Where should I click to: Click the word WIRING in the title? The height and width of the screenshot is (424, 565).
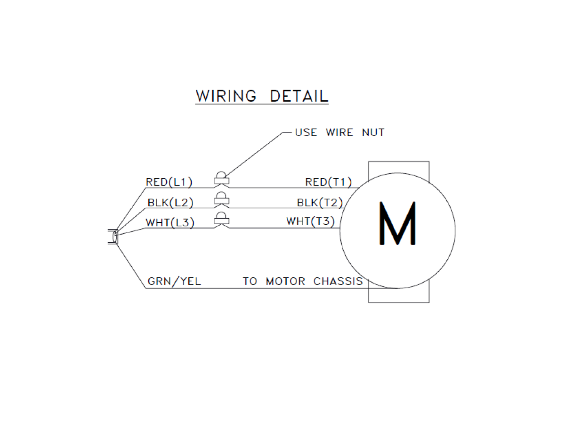(226, 96)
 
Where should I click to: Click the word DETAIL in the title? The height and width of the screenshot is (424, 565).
(299, 96)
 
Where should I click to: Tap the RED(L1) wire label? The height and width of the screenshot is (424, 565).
(169, 182)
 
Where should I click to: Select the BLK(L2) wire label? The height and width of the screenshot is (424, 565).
(170, 203)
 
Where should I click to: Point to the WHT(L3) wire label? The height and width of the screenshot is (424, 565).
(170, 222)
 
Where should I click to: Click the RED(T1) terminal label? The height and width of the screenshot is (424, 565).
(328, 182)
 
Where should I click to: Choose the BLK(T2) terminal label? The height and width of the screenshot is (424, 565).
(320, 203)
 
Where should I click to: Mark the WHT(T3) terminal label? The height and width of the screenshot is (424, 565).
(311, 221)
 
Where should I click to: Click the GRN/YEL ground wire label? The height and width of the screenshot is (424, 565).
(174, 281)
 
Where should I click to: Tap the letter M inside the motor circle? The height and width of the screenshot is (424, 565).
(397, 223)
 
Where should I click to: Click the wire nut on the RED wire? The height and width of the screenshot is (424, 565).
(221, 178)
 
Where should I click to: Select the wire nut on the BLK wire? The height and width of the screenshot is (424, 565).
(221, 198)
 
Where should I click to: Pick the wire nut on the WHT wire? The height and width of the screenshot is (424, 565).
(221, 219)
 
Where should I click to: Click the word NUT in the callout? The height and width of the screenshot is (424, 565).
(373, 132)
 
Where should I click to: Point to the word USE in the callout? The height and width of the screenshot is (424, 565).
(306, 132)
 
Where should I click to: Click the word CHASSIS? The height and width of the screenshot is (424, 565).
(338, 281)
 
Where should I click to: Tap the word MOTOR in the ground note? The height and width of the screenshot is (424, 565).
(285, 281)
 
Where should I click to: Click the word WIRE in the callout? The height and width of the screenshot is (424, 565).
(339, 132)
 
